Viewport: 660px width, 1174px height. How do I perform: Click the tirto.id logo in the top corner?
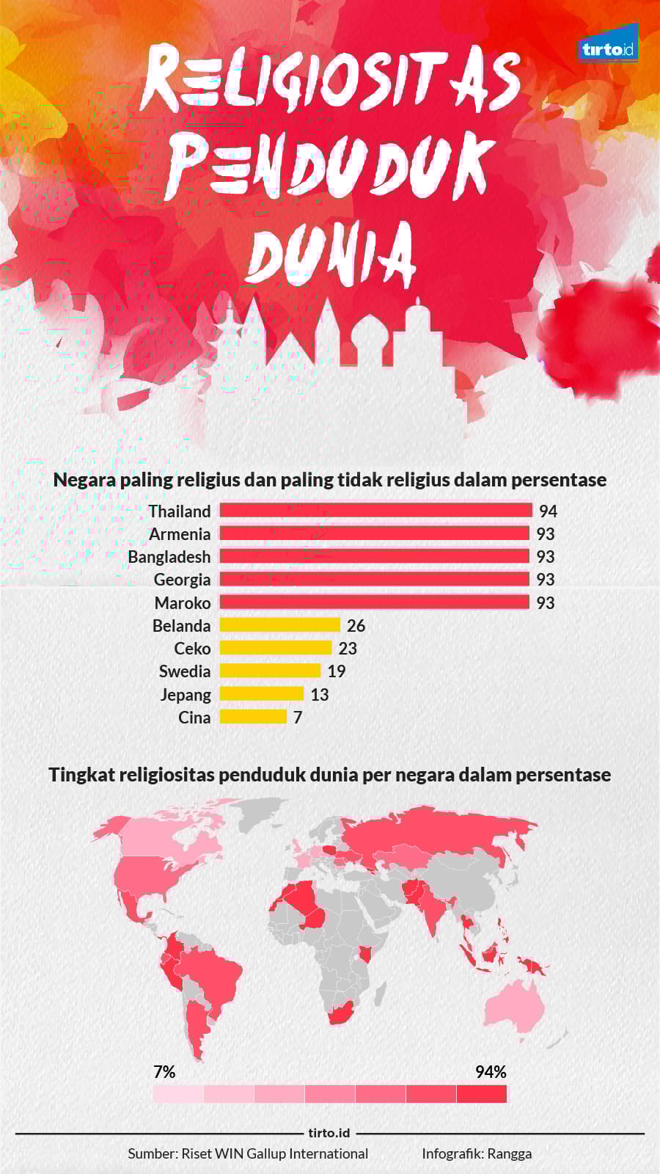point(608,49)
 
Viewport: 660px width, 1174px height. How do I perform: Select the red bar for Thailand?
point(375,511)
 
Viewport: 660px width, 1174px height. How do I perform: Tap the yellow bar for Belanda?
point(280,625)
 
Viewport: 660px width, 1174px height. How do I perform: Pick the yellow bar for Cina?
point(253,717)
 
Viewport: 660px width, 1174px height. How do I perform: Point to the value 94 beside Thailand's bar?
point(548,511)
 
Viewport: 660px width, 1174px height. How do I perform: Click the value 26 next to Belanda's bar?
point(356,626)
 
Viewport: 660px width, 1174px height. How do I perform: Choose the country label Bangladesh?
point(169,557)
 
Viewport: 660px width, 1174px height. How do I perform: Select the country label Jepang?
point(186,694)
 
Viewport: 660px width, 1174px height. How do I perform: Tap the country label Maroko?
point(183,603)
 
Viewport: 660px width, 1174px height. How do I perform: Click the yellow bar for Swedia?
point(270,671)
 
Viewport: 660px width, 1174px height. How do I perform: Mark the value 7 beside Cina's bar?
point(298,718)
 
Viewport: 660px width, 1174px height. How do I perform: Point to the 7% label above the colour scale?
point(164,1072)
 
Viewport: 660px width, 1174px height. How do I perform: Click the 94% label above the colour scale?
point(491,1072)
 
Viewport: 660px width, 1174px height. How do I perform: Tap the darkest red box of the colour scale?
point(481,1094)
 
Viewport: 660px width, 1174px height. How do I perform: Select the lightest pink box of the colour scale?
point(178,1094)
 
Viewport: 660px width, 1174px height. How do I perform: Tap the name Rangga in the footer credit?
point(509,1153)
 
